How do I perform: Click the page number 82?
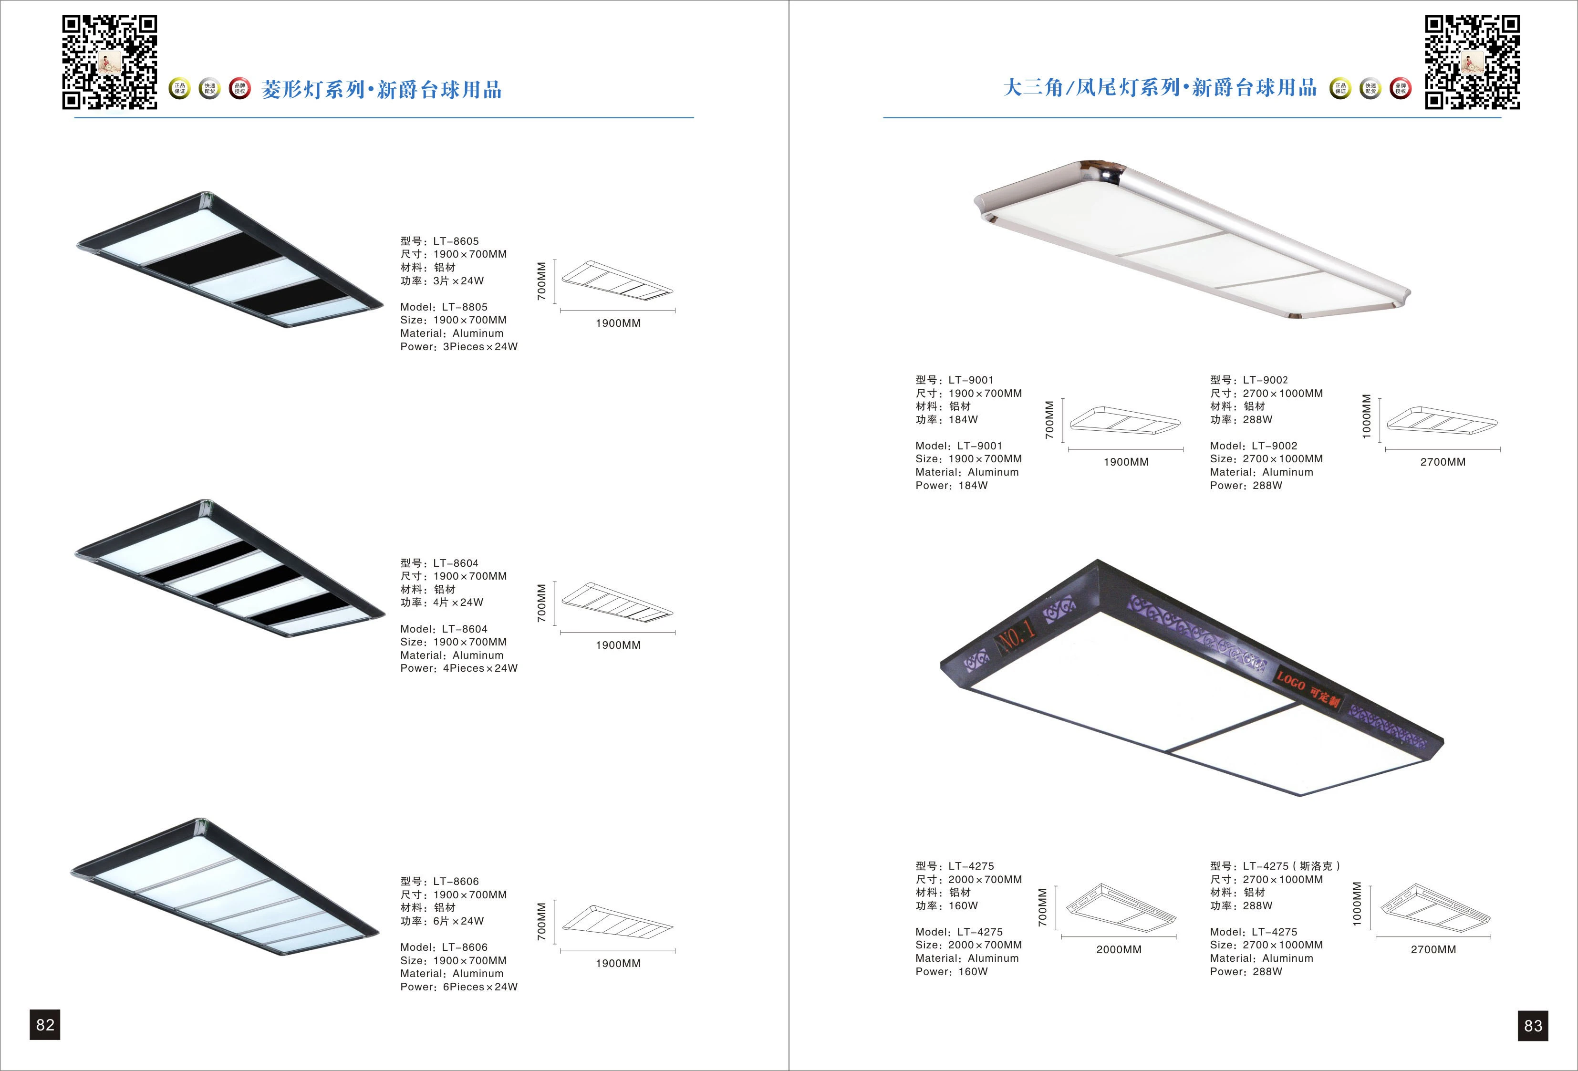[45, 1025]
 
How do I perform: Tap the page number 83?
[1533, 1026]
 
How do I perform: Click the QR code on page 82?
[109, 62]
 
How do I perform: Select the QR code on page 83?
[1472, 62]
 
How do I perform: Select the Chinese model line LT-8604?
[439, 563]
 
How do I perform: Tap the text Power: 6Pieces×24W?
[458, 987]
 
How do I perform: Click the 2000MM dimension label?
[1118, 949]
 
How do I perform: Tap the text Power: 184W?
[951, 486]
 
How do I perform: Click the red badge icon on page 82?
[239, 88]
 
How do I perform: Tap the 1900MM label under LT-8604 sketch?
[618, 645]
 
